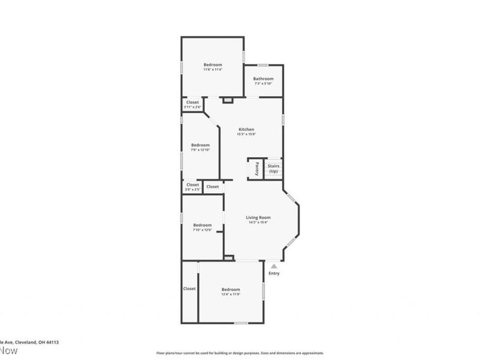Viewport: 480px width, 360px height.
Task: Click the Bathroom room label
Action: click(x=263, y=79)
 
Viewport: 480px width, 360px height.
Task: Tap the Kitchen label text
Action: click(x=247, y=130)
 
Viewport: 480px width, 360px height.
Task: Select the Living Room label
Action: click(x=258, y=217)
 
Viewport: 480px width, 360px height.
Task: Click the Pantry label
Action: click(x=256, y=168)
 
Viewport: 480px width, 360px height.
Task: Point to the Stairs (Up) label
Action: click(x=274, y=169)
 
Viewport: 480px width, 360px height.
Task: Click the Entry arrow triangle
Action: click(x=274, y=265)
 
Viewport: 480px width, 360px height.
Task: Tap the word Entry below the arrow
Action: click(x=274, y=274)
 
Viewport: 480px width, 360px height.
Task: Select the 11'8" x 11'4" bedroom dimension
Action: click(x=212, y=70)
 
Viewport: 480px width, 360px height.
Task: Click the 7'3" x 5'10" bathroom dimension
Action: click(x=263, y=83)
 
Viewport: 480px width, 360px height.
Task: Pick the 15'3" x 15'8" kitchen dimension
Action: click(x=247, y=134)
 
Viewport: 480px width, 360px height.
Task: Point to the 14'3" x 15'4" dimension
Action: click(x=258, y=223)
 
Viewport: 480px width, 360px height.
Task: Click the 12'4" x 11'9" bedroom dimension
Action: click(x=230, y=294)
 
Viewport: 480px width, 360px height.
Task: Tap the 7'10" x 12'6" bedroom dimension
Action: click(x=202, y=230)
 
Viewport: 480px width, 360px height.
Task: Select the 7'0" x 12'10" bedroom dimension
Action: click(x=200, y=150)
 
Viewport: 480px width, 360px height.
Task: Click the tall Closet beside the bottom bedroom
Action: click(x=190, y=289)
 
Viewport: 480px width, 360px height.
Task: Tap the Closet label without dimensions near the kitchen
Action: click(x=212, y=187)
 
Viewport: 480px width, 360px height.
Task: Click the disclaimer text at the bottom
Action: click(x=240, y=353)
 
